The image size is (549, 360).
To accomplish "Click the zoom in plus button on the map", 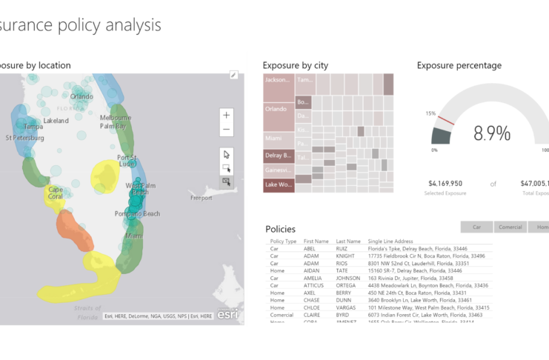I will click(x=227, y=115).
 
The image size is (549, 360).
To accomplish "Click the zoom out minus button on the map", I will click(x=227, y=130).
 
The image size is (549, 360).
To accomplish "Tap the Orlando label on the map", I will click(x=81, y=96).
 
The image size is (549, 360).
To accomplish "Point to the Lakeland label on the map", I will click(x=56, y=120).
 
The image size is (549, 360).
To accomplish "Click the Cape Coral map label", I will click(x=56, y=193).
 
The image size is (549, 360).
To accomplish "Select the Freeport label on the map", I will click(x=201, y=198).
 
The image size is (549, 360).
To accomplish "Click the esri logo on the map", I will click(x=227, y=313).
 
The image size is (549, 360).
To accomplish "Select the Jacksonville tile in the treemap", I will click(x=279, y=79).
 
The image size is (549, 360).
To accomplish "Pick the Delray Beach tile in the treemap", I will click(x=279, y=156).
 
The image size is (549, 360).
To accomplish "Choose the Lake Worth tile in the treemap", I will click(x=279, y=184).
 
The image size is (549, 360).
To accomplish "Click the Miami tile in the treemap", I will click(x=279, y=139).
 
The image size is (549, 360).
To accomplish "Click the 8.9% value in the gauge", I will click(x=492, y=133).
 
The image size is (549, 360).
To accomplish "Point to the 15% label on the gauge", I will click(x=430, y=113).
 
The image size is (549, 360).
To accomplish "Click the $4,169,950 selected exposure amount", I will click(x=445, y=183).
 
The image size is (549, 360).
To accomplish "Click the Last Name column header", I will click(x=348, y=241).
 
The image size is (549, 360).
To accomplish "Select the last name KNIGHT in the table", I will click(x=345, y=256).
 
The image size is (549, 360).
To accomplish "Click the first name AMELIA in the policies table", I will click(x=314, y=278).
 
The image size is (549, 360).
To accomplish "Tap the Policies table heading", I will click(x=280, y=229).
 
